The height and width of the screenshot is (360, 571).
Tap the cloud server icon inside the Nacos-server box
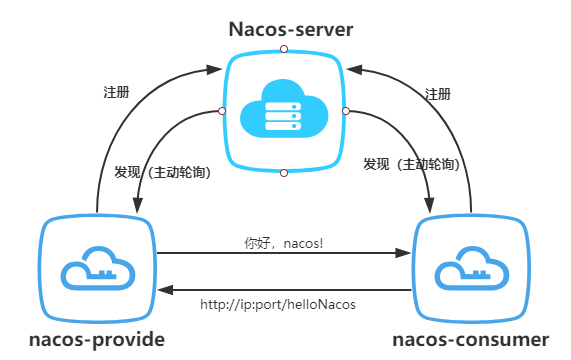tap(284, 110)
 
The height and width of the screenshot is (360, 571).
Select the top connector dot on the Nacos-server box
tap(284, 48)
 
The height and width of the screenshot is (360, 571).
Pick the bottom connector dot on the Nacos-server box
tap(284, 173)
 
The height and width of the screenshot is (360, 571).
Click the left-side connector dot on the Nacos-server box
tap(222, 111)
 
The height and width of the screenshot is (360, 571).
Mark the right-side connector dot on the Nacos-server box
tap(346, 111)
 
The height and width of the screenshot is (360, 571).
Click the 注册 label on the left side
tap(116, 92)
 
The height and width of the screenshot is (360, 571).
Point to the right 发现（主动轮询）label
tap(411, 163)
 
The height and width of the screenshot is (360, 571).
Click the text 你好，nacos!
tap(284, 242)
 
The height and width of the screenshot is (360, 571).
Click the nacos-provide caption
tap(97, 340)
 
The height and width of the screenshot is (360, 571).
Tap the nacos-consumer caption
tap(470, 340)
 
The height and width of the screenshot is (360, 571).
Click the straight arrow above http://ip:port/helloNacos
tap(284, 290)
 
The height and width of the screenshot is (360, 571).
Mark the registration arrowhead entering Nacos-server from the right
tap(356, 69)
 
